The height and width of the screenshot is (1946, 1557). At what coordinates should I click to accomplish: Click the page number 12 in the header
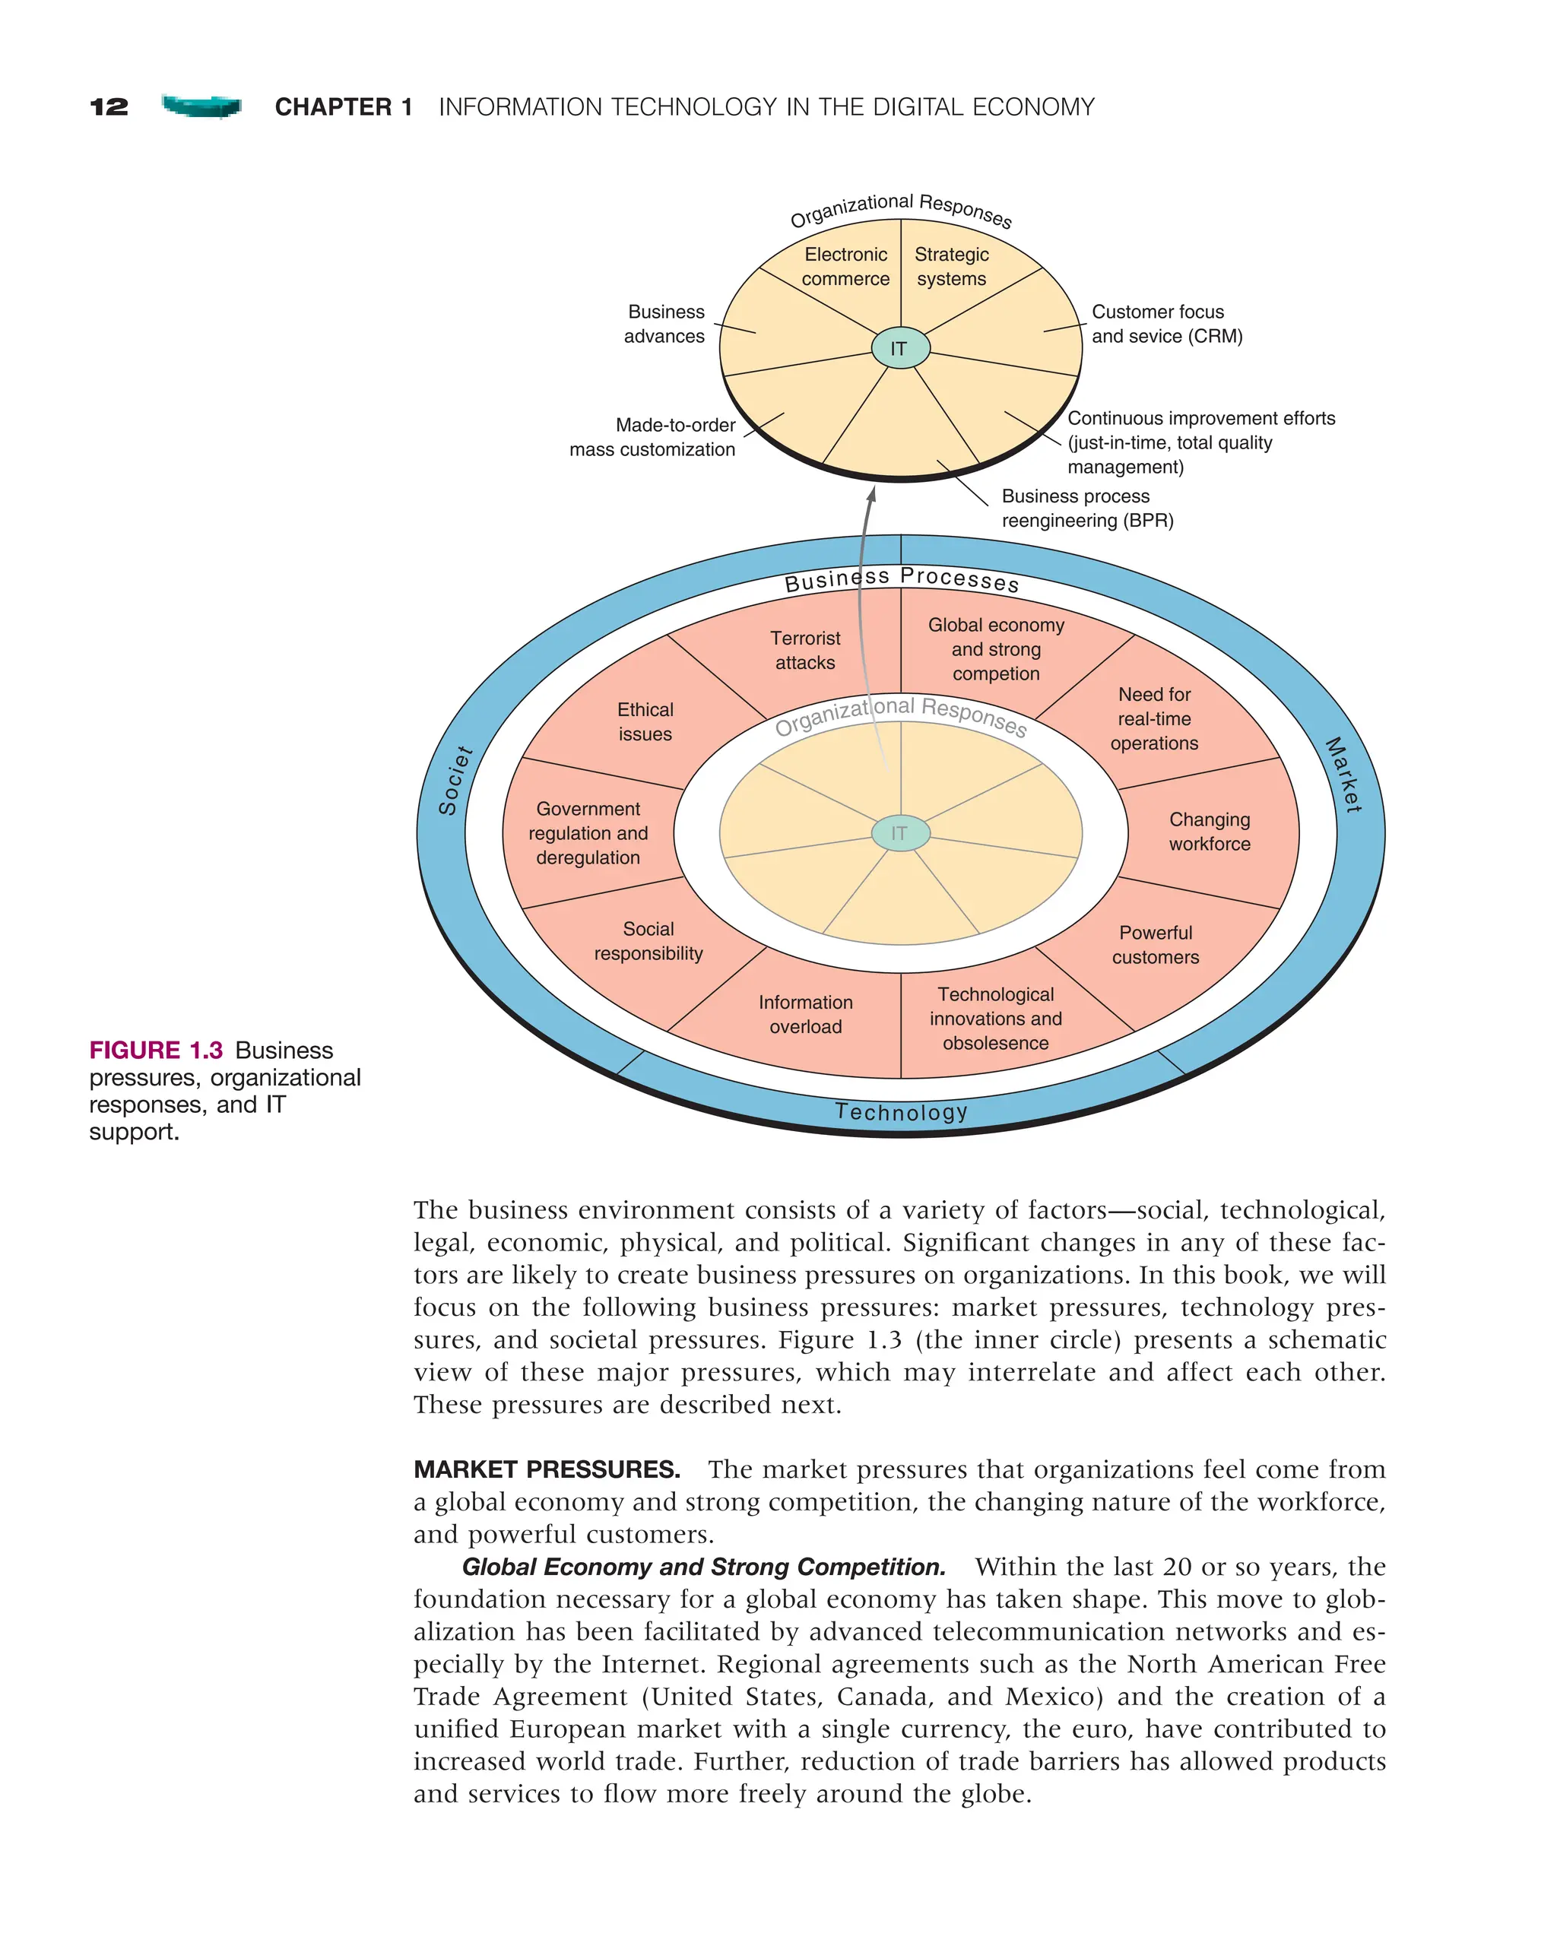[109, 106]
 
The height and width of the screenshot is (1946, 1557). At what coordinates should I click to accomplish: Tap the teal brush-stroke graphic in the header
[201, 106]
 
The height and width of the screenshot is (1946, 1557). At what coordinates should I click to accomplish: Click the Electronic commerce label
[845, 267]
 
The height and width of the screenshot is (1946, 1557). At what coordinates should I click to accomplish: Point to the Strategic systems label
[951, 267]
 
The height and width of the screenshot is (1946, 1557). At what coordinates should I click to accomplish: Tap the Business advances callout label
[664, 324]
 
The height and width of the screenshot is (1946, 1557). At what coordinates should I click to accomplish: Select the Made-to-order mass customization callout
[652, 437]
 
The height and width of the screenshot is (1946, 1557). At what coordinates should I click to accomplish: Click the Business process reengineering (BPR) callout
[1086, 508]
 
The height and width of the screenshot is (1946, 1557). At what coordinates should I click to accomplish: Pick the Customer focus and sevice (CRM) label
[1166, 324]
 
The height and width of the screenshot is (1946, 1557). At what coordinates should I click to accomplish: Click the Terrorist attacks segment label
[805, 650]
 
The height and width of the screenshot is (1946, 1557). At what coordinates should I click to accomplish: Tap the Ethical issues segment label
[645, 722]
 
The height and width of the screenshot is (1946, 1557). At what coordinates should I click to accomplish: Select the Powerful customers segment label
[1156, 945]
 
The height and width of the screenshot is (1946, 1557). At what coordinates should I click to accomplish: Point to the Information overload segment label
[805, 1015]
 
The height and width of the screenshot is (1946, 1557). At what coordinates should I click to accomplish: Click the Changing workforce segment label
[1210, 832]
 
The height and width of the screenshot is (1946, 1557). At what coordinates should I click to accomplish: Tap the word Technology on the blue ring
[901, 1112]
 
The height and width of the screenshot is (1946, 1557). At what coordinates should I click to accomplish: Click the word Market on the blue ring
[1343, 775]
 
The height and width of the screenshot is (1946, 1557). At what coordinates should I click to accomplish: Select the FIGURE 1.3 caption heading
[155, 1051]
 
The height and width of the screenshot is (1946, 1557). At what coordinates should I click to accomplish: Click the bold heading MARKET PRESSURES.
[547, 1469]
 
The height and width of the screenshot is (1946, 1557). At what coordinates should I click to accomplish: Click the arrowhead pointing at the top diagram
[872, 495]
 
